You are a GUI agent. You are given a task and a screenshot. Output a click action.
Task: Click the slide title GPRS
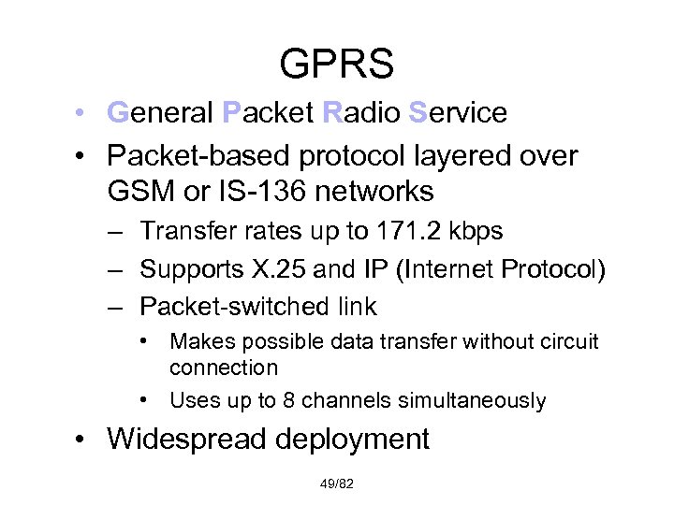pyautogui.click(x=336, y=65)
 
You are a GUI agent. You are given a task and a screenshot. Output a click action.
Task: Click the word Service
pyautogui.click(x=458, y=113)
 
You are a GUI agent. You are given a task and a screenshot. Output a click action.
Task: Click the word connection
pyautogui.click(x=224, y=368)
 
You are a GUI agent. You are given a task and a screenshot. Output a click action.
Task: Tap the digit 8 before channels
pyautogui.click(x=287, y=400)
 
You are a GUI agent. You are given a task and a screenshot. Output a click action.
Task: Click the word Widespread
pyautogui.click(x=180, y=439)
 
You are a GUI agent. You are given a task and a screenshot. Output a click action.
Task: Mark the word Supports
pyautogui.click(x=183, y=270)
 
